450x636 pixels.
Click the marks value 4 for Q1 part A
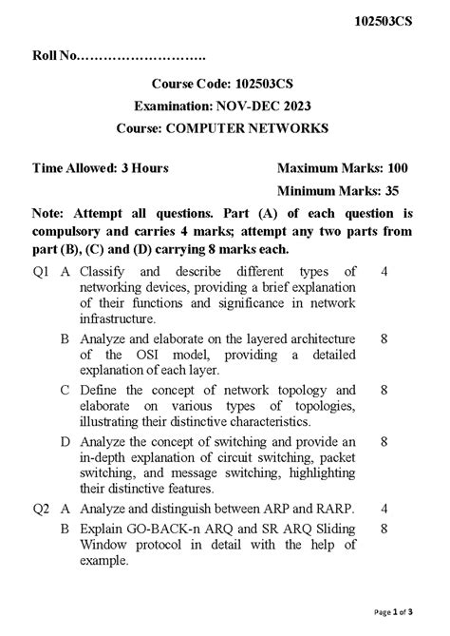384,272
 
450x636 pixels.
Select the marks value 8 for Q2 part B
384,528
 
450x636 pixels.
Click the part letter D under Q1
65,441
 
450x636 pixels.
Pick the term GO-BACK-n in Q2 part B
162,528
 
